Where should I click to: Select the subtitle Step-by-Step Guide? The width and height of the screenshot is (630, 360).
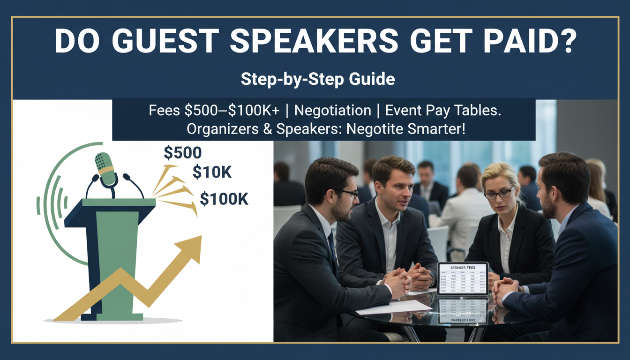[317, 79]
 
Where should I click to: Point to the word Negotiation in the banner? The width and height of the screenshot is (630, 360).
[333, 111]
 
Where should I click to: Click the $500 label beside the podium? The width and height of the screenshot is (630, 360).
[182, 152]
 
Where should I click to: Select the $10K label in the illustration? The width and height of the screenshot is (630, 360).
[212, 172]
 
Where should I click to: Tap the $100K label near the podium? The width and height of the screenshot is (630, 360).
[224, 199]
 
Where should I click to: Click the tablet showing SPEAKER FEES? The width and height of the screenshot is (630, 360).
[463, 278]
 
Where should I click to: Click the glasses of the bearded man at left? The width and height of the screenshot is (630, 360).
[347, 193]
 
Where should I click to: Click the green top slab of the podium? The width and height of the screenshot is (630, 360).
[119, 202]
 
